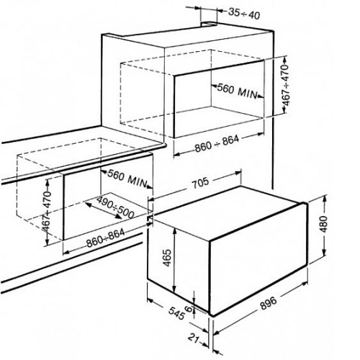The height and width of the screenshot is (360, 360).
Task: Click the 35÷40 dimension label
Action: [244, 13]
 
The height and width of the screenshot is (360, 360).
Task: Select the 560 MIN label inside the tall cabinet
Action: [237, 91]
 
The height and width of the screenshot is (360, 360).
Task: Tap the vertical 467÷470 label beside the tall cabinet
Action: [286, 85]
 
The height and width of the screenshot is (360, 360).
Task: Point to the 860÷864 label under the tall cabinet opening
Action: [217, 144]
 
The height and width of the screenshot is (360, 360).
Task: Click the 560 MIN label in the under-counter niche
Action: [127, 179]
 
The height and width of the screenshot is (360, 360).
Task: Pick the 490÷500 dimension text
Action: [115, 207]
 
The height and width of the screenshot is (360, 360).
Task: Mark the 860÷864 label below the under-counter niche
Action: [106, 238]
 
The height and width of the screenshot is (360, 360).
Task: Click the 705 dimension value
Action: [200, 183]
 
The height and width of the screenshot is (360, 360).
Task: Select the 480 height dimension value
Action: [324, 224]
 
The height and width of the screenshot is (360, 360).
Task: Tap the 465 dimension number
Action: [167, 258]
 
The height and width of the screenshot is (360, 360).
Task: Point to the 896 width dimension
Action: [269, 302]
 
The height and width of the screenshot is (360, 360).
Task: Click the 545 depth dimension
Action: [176, 313]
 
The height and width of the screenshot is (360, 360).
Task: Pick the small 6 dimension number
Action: [189, 309]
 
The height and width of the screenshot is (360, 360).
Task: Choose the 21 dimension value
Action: [194, 338]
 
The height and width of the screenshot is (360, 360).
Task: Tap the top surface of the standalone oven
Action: [227, 214]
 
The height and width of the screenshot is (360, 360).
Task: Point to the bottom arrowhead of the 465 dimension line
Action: [175, 289]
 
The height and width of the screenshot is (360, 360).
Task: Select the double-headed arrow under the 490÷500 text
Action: [103, 210]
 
